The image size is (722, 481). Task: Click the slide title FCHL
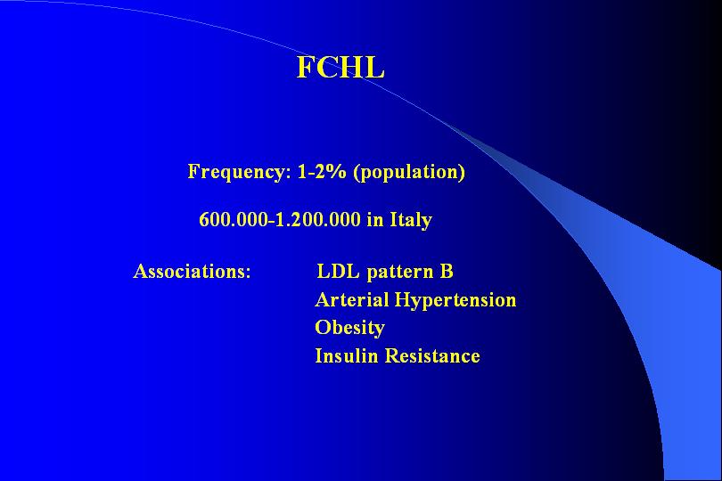340,67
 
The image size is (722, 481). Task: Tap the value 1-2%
322,171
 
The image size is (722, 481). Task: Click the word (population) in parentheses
409,173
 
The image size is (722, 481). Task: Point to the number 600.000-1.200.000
280,219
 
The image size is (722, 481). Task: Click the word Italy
411,220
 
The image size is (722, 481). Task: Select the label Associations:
192,271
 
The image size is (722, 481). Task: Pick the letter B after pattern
447,271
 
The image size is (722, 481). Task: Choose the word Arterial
352,299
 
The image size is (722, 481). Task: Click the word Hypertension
455,300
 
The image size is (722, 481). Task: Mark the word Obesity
350,329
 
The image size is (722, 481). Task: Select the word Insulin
346,355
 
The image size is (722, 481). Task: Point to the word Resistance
432,355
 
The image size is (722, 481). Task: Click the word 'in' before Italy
375,219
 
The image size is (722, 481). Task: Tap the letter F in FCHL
306,67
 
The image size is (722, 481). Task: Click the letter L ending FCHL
374,67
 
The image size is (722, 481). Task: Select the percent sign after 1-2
337,171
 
